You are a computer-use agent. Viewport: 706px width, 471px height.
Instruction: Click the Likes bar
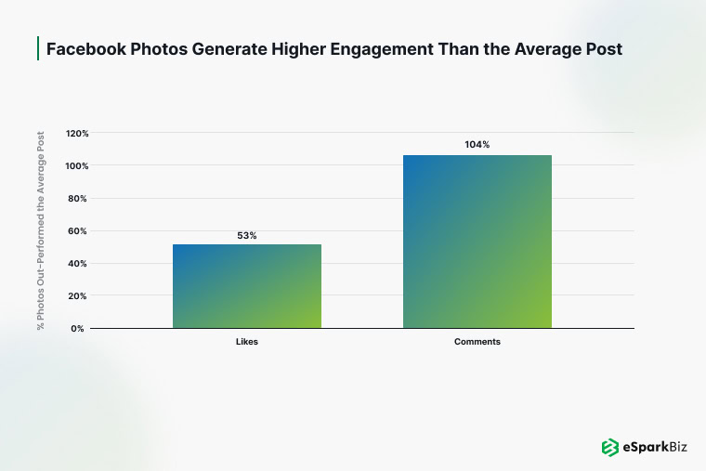247,286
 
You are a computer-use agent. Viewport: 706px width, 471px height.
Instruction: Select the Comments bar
477,242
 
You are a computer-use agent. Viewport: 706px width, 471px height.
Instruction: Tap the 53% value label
246,236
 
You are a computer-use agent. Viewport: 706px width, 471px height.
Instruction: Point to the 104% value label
477,145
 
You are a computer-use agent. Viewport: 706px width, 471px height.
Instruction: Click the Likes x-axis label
246,342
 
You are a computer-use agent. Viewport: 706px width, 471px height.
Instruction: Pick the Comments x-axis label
477,342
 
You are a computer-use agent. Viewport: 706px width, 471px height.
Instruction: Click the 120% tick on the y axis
77,134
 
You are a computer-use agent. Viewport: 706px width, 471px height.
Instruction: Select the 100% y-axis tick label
77,166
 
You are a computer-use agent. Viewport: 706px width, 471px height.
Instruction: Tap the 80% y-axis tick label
79,199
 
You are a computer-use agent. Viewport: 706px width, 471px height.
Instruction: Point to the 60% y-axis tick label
79,231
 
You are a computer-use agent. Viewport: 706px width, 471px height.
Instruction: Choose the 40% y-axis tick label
79,264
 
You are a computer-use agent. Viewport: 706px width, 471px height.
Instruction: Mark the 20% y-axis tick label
79,296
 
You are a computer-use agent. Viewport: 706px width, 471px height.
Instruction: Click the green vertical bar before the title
38,49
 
